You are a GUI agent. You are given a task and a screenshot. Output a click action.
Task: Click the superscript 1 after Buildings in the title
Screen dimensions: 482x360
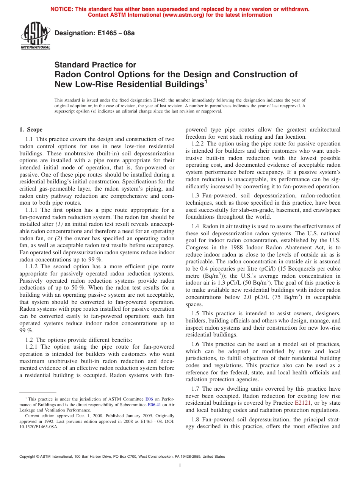click(x=206, y=81)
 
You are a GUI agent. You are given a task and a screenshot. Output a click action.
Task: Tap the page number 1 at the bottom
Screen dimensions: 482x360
click(x=180, y=465)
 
